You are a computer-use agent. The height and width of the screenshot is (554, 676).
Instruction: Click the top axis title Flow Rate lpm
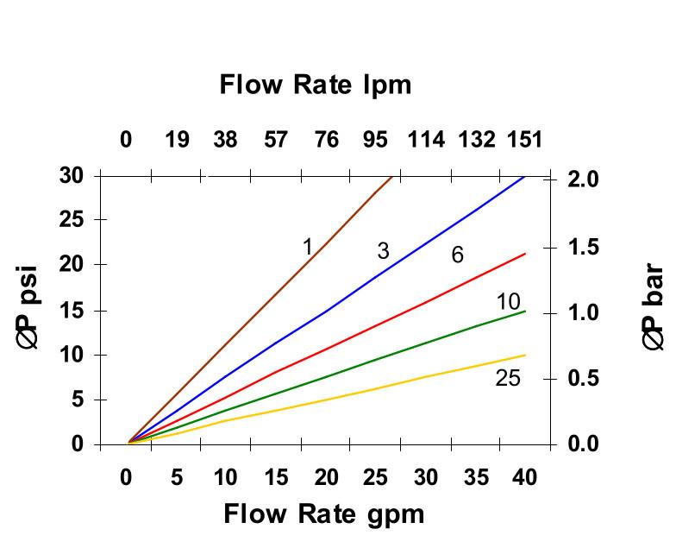click(x=315, y=85)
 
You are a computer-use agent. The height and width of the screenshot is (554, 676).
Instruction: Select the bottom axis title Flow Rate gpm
click(x=323, y=514)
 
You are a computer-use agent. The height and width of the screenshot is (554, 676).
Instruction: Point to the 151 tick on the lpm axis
click(x=523, y=140)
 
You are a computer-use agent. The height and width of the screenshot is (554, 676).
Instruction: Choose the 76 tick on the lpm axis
click(x=326, y=140)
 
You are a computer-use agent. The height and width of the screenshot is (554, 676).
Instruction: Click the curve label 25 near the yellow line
click(x=508, y=378)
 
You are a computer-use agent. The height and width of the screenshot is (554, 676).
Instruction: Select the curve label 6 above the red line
click(x=458, y=255)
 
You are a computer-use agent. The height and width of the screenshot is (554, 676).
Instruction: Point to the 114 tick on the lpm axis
click(x=426, y=140)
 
